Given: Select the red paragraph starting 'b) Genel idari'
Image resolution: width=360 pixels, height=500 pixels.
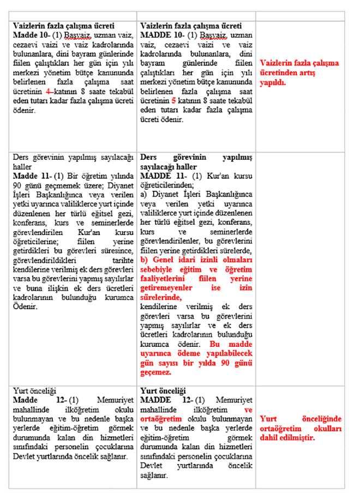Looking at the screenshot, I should coord(197,276).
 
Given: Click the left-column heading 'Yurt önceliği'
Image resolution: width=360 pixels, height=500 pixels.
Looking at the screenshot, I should coord(35,391).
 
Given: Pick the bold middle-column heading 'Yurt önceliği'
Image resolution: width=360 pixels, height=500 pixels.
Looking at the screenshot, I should coord(163,391).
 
